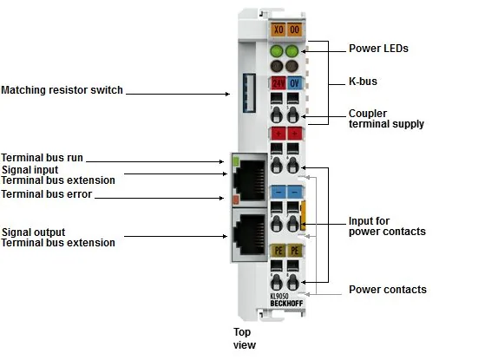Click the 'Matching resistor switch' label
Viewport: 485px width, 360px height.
click(x=62, y=90)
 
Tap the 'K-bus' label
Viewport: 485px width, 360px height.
click(x=363, y=82)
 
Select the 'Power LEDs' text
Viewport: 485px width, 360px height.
click(x=378, y=49)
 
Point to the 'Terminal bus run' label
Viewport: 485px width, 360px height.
click(x=42, y=158)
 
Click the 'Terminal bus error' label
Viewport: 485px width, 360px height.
click(x=46, y=194)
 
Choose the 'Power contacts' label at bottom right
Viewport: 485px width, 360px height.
click(x=388, y=290)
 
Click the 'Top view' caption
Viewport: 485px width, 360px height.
click(x=245, y=338)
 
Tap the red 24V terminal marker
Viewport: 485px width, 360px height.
click(x=278, y=83)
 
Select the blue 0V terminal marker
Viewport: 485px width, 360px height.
click(x=294, y=83)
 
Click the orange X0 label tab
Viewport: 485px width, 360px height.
click(x=278, y=29)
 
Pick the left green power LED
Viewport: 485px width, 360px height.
click(x=277, y=51)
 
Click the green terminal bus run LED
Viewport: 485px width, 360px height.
click(x=236, y=160)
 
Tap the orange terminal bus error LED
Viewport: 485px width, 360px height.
click(x=236, y=200)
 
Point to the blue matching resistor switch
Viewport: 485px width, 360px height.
click(x=249, y=93)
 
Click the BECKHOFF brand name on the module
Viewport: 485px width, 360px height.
click(x=286, y=304)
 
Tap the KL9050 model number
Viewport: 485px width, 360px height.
click(x=279, y=297)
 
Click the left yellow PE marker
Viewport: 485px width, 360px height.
click(x=278, y=251)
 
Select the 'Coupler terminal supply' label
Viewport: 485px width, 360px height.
click(x=386, y=119)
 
